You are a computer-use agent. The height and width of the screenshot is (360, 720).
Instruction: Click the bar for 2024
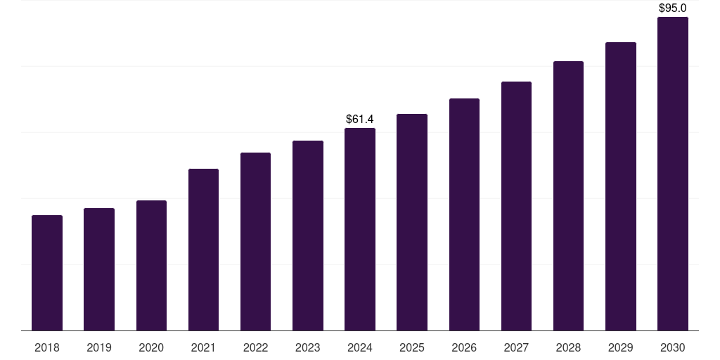tap(360, 229)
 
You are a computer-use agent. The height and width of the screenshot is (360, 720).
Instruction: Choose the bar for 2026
tap(464, 214)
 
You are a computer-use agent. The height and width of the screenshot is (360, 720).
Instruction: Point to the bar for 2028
tap(568, 196)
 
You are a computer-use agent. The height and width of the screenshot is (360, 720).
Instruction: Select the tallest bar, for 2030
tap(672, 174)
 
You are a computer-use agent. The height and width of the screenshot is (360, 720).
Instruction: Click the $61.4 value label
tap(360, 120)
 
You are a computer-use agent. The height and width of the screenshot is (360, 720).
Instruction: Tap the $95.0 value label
tap(672, 8)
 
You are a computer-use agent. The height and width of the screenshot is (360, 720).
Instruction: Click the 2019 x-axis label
tap(99, 348)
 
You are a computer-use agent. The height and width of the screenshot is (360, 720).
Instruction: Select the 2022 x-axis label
tap(255, 348)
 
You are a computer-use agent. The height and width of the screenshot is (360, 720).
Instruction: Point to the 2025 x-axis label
tap(412, 348)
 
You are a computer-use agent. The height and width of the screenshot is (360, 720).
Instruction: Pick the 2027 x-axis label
tap(516, 348)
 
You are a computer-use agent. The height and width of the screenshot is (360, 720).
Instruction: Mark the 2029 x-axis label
tap(620, 348)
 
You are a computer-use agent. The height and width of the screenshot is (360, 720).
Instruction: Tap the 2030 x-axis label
tap(672, 348)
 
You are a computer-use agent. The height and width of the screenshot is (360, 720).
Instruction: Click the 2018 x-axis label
tap(47, 348)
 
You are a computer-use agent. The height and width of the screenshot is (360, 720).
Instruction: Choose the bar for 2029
tap(620, 186)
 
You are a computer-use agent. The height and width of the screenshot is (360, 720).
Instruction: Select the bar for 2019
tap(99, 269)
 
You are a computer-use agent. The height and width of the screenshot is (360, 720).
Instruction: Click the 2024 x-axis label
tap(360, 348)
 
